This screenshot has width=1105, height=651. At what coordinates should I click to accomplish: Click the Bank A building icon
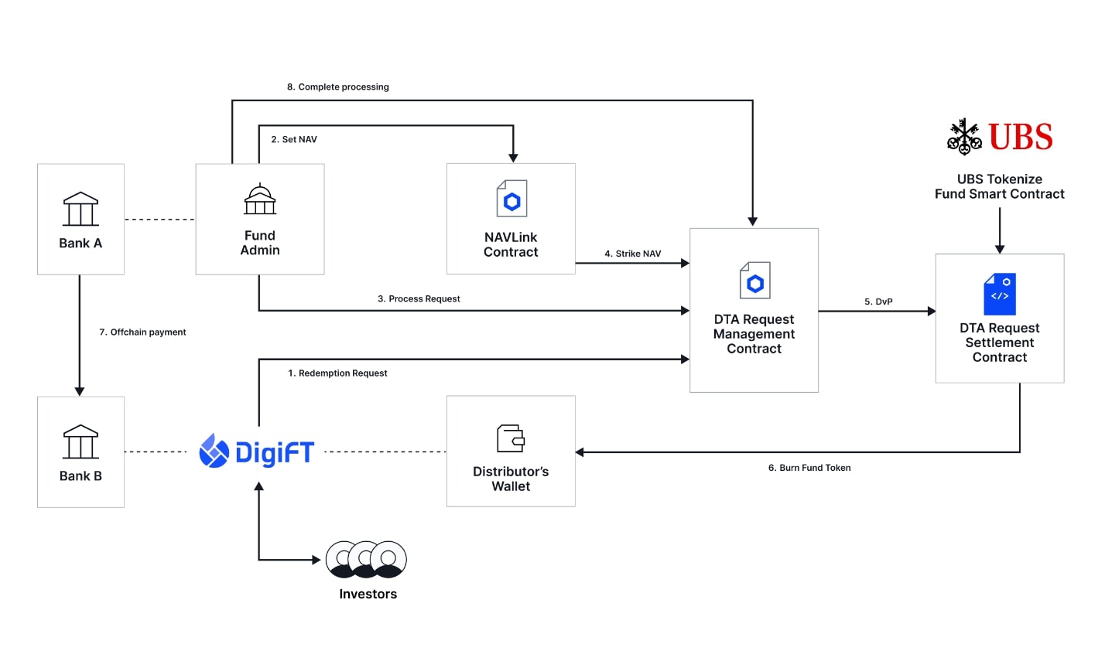tap(80, 209)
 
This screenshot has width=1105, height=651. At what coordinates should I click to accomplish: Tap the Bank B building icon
tap(80, 441)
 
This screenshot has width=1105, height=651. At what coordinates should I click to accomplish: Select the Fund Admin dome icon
tap(260, 199)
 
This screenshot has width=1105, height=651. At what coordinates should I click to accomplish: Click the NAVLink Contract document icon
tap(511, 199)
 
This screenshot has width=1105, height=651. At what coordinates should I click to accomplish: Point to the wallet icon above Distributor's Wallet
tap(511, 438)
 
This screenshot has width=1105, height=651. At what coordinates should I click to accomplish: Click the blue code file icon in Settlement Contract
tap(1000, 293)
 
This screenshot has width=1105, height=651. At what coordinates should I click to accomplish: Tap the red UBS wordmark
tap(1021, 138)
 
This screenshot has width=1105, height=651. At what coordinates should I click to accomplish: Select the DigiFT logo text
tap(274, 452)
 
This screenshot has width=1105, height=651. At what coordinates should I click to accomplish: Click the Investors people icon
tap(366, 559)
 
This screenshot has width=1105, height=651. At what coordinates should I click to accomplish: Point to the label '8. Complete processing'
tap(338, 87)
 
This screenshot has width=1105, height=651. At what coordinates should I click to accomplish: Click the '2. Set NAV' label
tap(294, 140)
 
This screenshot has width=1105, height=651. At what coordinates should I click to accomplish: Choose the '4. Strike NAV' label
tap(633, 254)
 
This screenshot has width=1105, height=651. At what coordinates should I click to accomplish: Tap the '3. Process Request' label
tap(419, 299)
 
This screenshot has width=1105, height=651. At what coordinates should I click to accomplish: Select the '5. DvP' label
tap(878, 302)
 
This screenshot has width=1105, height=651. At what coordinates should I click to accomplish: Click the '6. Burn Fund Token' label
tap(809, 468)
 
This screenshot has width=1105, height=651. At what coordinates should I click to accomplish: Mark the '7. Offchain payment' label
tap(142, 332)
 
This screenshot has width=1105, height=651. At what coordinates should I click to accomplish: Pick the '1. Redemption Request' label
tap(337, 373)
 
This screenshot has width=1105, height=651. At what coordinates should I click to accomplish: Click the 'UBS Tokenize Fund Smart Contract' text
tap(999, 186)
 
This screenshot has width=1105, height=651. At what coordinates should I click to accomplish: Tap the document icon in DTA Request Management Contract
tap(754, 281)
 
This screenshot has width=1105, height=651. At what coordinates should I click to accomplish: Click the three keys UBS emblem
tap(964, 137)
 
